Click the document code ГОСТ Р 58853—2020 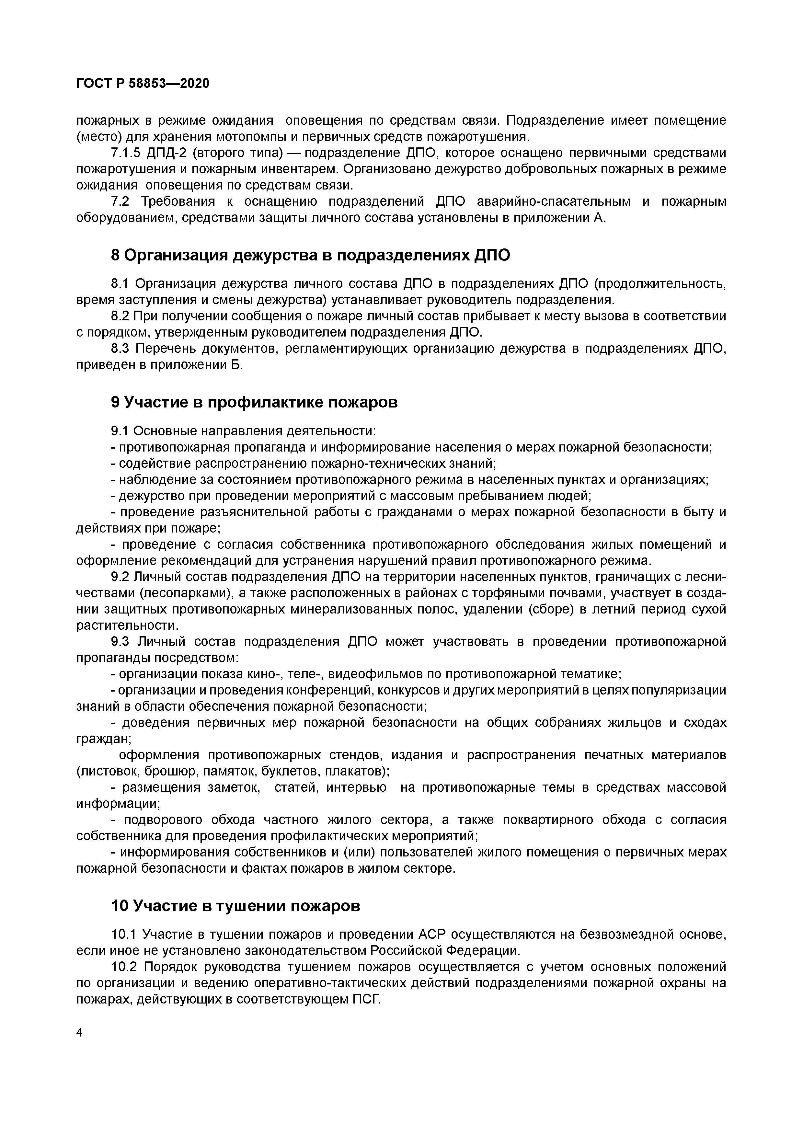[x=143, y=84]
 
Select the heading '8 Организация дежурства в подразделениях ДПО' [x=310, y=255]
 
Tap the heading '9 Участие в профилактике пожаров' [x=254, y=402]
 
